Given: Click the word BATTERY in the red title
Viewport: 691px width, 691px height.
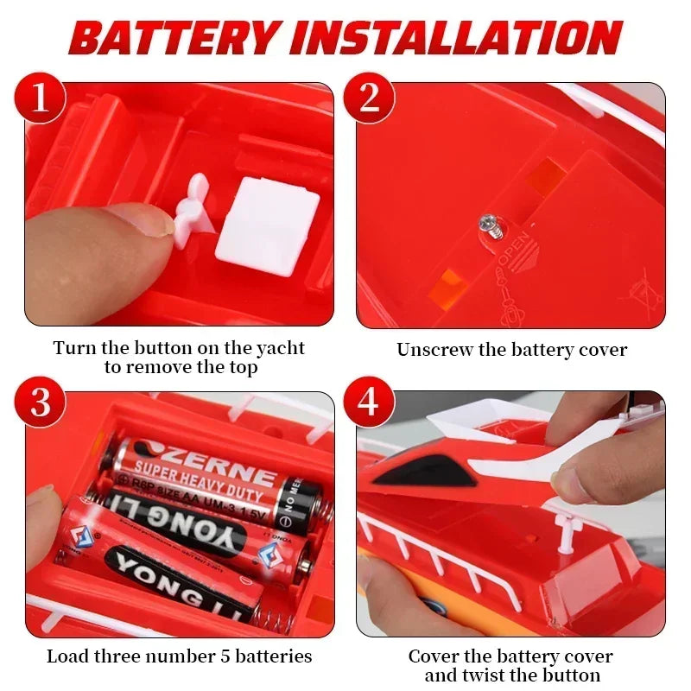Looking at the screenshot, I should (x=177, y=38).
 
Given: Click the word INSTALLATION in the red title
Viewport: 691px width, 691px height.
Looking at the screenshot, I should (x=458, y=38).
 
